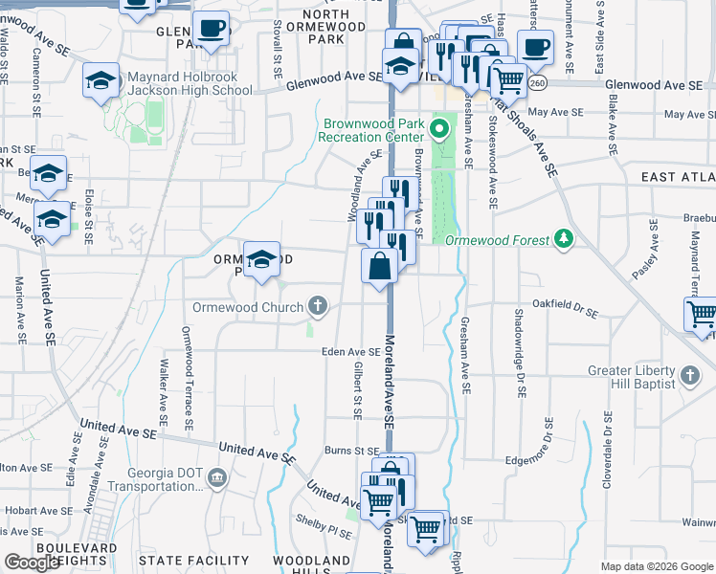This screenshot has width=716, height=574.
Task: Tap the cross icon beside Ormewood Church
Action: [318, 307]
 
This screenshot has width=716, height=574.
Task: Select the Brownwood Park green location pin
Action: [440, 127]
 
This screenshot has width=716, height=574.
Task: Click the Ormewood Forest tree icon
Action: [564, 238]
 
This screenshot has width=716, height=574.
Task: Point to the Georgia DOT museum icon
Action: [217, 476]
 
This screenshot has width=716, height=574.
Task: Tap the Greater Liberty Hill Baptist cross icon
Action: [688, 372]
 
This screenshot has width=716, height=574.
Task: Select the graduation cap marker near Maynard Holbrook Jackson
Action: [101, 82]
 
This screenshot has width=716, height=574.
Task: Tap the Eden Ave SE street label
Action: [351, 351]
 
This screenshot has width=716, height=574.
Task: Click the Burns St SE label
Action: [352, 450]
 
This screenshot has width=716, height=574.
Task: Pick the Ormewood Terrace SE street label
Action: [188, 378]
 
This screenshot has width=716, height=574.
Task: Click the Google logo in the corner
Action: [32, 563]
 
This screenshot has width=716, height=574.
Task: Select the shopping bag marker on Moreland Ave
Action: [380, 267]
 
